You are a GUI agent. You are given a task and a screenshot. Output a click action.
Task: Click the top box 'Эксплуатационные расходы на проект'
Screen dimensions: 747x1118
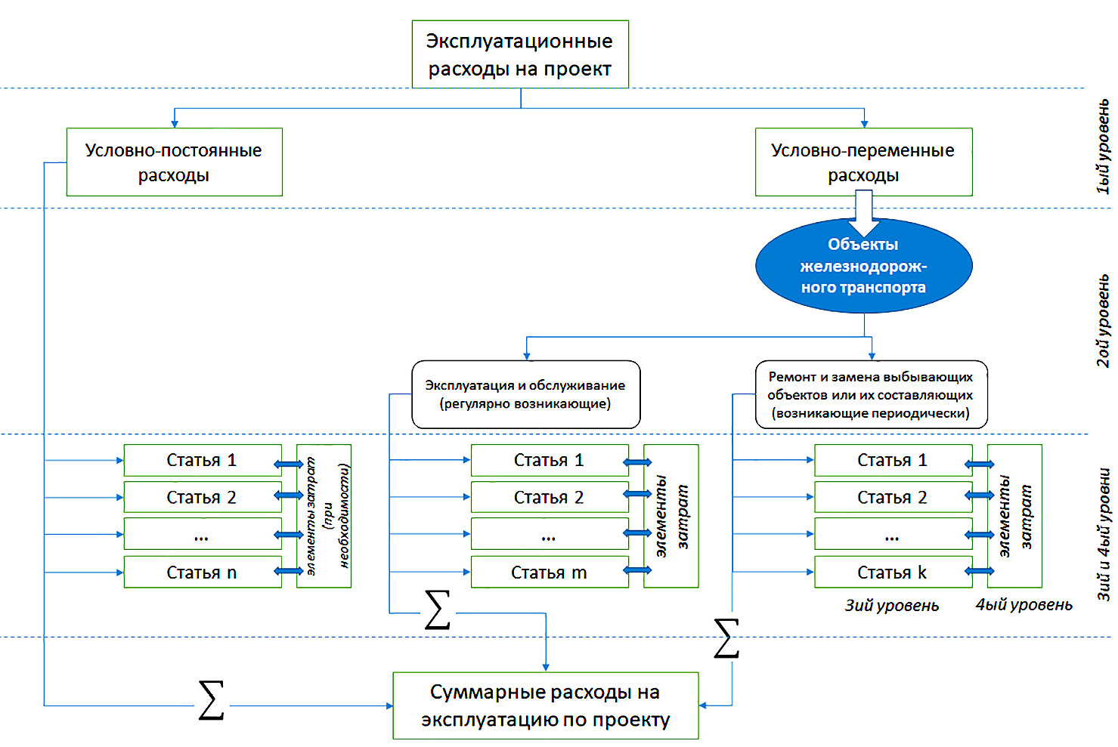coord(520,54)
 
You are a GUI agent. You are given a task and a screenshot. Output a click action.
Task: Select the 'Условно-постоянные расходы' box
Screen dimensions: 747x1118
coord(174,162)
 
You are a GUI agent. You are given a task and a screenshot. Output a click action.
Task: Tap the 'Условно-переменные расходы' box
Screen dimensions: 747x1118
coord(863,162)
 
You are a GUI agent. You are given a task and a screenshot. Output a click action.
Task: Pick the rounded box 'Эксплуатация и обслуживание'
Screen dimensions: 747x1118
coord(525,394)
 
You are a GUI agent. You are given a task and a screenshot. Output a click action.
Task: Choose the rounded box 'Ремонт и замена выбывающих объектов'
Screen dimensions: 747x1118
coord(871,394)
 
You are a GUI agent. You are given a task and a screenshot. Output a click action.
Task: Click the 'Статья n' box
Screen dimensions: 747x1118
coord(202,573)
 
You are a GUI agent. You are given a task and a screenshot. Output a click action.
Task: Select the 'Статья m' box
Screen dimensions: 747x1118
coord(549,573)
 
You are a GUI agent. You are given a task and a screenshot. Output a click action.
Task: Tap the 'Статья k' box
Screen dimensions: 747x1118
coord(892,573)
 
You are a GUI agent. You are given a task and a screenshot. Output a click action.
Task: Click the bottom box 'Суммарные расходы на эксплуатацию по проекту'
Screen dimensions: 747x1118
coord(545,705)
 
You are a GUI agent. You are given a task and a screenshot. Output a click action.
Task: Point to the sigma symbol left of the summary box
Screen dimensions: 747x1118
coord(211,700)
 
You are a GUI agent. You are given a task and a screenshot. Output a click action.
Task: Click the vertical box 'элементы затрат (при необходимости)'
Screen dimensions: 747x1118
coord(324,516)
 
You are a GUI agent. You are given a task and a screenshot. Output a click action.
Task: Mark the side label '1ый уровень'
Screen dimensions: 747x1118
coord(1103,147)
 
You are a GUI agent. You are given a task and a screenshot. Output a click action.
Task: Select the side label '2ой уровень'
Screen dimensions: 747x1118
coord(1103,320)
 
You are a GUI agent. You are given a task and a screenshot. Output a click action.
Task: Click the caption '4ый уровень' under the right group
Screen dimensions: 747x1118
coord(1024,605)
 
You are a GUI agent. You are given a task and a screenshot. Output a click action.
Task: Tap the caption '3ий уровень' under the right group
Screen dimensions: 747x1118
coord(892,606)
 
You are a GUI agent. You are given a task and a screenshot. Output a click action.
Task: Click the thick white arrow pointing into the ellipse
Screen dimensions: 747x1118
coord(863,213)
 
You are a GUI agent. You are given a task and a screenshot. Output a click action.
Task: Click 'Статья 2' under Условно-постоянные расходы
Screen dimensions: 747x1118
coord(202,498)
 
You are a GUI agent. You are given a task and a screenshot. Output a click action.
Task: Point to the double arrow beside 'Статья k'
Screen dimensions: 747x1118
coord(980,571)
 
